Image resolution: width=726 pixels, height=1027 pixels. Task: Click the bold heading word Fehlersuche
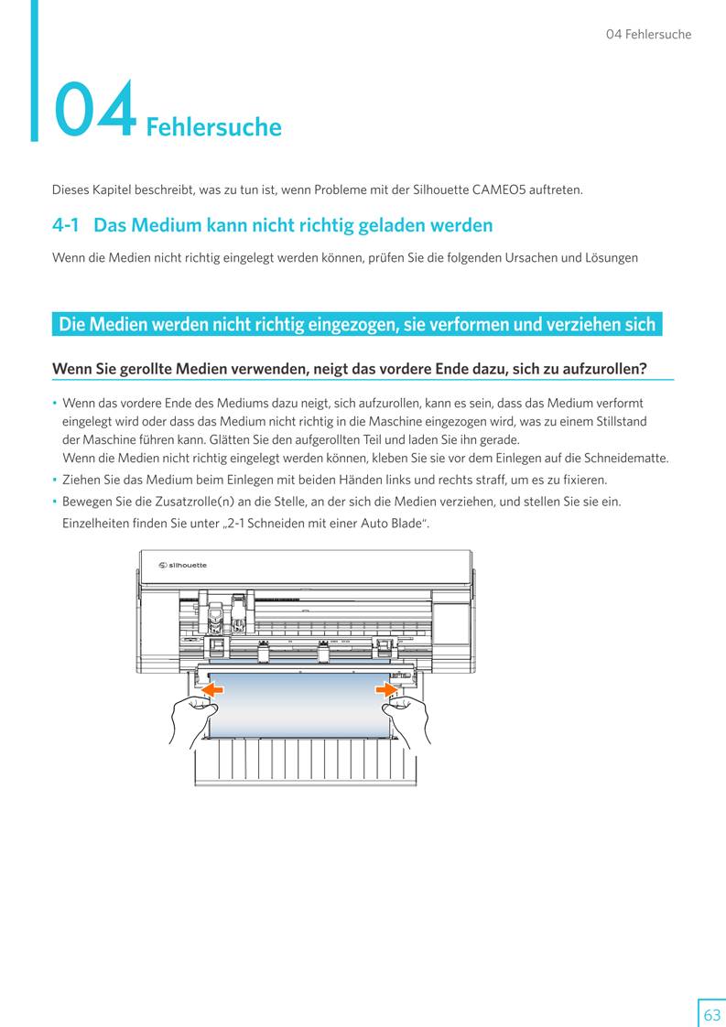point(213,126)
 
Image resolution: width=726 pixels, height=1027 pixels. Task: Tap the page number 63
point(711,1014)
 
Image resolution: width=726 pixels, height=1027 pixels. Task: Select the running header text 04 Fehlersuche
point(648,35)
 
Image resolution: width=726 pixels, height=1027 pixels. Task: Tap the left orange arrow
point(212,688)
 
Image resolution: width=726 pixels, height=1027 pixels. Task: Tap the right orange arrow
point(386,688)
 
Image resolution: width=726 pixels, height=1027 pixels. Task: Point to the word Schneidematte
point(626,458)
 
